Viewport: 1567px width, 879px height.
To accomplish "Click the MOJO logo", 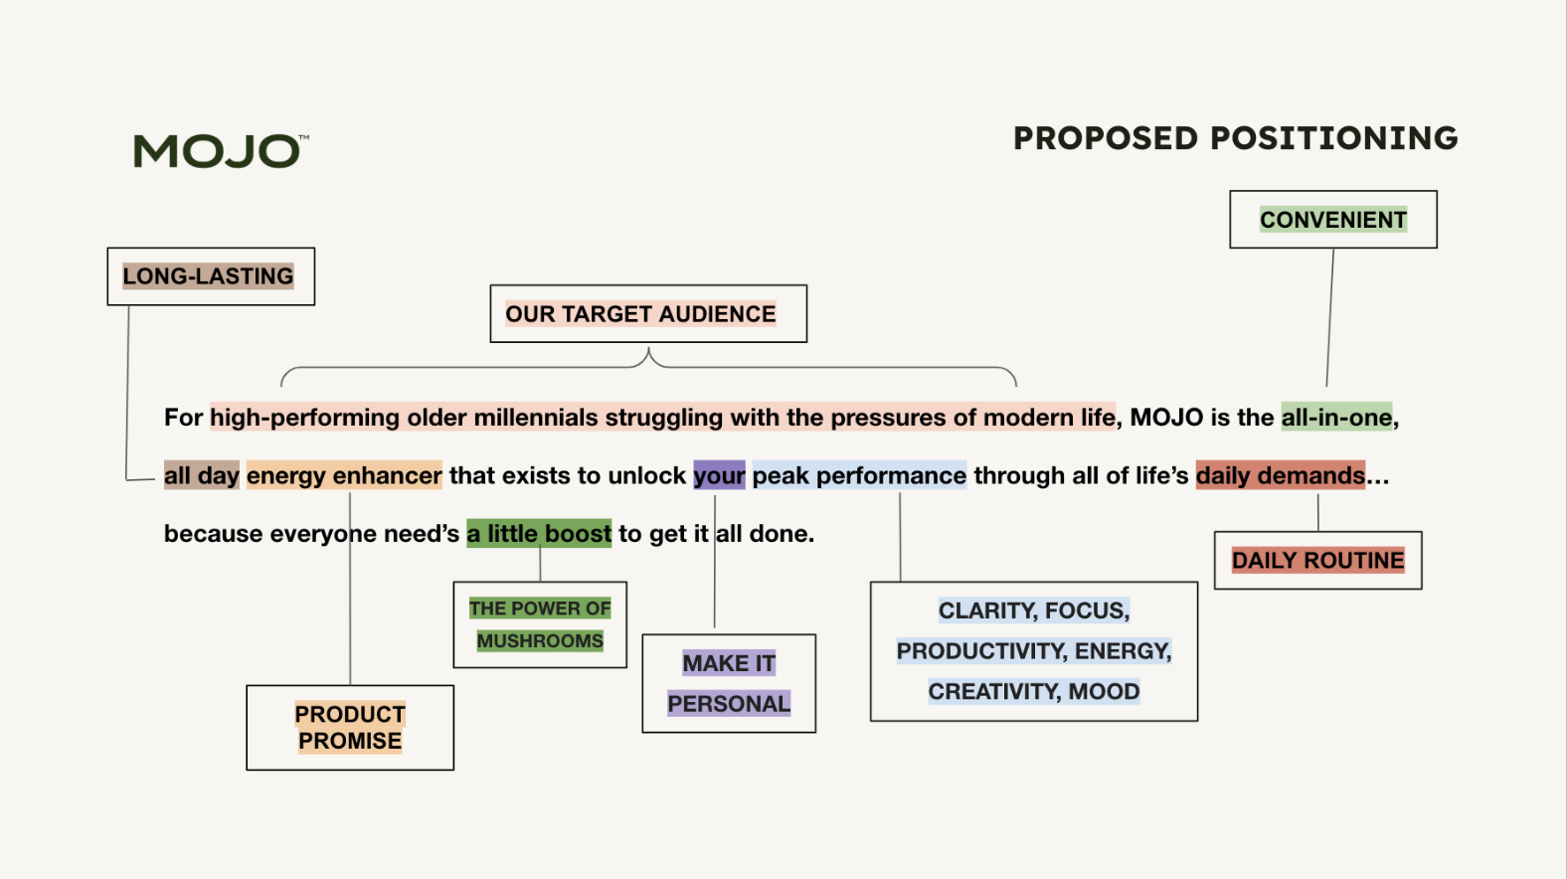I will [x=220, y=151].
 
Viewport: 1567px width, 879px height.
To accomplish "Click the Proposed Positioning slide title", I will [x=1235, y=138].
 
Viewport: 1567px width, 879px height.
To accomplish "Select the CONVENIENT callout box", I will [x=1332, y=220].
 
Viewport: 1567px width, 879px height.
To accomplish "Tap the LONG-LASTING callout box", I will [x=210, y=276].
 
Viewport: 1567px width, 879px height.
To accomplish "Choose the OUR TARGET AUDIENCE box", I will [x=647, y=314].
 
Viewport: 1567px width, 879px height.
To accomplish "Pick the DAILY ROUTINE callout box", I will [x=1317, y=561].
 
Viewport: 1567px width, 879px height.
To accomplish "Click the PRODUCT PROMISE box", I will [x=350, y=728].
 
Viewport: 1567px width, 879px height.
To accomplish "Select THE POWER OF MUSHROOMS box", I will [x=540, y=624].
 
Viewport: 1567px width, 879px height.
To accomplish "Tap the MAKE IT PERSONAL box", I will [x=729, y=684].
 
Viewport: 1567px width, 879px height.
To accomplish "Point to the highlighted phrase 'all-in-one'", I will [x=1336, y=418].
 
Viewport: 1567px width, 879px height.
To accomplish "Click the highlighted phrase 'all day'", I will [x=202, y=475].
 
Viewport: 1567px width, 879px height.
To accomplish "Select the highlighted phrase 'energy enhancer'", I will [x=344, y=475].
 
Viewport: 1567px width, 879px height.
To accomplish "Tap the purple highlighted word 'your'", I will [x=719, y=475].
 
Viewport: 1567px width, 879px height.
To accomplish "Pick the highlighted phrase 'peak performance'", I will [x=859, y=475].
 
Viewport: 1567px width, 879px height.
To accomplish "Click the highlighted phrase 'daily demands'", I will [x=1280, y=475].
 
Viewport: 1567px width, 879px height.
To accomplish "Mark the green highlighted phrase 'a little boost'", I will [x=539, y=534].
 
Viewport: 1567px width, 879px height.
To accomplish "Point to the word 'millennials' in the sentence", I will [x=535, y=418].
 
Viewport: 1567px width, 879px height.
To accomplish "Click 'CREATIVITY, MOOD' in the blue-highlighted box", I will [x=1034, y=692].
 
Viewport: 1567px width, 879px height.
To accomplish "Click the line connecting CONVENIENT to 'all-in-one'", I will [x=1330, y=318].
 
